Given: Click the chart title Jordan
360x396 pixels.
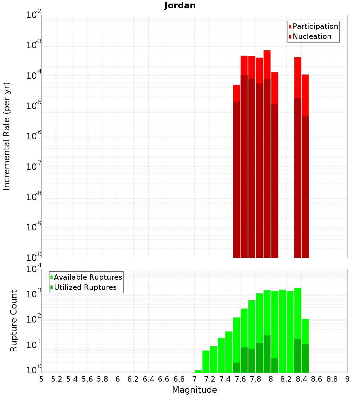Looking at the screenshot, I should click(180, 5).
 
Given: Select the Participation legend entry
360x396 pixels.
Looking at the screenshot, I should click(315, 26).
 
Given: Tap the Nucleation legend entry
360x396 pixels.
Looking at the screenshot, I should click(312, 36).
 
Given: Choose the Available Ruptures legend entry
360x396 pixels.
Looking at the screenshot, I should click(88, 277).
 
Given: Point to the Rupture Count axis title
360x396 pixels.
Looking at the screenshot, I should click(14, 320).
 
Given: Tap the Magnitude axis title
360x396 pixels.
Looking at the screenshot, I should click(194, 390).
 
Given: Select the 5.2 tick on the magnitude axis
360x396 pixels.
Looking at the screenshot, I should click(57, 379).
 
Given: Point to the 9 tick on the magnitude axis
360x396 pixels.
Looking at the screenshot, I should click(347, 379).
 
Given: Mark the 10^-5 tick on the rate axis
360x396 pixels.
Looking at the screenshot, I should click(34, 106).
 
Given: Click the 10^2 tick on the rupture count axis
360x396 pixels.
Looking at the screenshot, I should click(34, 320).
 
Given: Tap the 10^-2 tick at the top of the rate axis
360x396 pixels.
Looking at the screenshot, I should click(34, 15).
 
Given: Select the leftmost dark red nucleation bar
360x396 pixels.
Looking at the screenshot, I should click(237, 180).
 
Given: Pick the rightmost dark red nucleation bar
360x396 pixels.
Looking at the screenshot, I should click(305, 187).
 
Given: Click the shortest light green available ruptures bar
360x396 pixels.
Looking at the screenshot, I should click(198, 371).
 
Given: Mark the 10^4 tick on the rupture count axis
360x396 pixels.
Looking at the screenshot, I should click(34, 269).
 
